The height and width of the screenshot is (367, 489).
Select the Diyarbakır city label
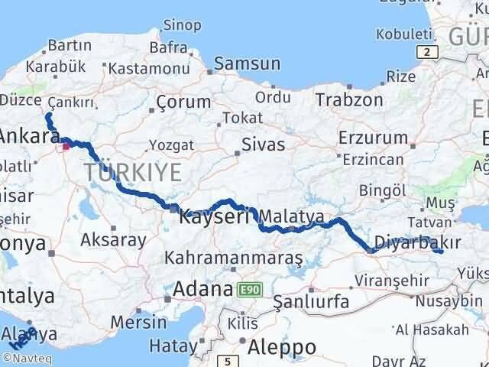point(419,241)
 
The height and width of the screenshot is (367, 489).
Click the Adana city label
point(202,290)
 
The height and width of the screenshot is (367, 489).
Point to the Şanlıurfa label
point(311,301)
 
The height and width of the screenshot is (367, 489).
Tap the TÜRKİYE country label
point(133,172)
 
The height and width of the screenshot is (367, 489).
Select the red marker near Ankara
point(67,143)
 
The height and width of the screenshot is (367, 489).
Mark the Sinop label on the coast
point(184,25)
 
